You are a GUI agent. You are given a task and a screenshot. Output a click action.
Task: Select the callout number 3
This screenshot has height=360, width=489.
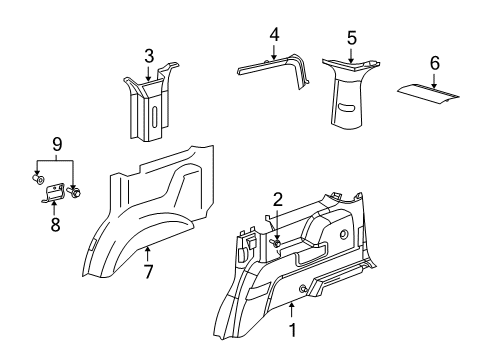point(149,55)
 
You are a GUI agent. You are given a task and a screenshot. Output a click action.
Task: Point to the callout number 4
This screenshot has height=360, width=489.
point(274,34)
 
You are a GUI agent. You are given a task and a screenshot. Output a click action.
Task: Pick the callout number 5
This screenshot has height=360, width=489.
point(351,38)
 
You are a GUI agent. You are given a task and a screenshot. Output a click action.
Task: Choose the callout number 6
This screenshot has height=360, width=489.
point(434,62)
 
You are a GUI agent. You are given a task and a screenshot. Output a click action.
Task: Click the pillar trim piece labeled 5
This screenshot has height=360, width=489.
point(350,95)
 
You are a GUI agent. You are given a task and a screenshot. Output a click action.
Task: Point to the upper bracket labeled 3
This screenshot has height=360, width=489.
point(148,105)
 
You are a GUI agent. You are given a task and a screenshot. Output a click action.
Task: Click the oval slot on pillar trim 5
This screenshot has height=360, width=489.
point(347,107)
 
